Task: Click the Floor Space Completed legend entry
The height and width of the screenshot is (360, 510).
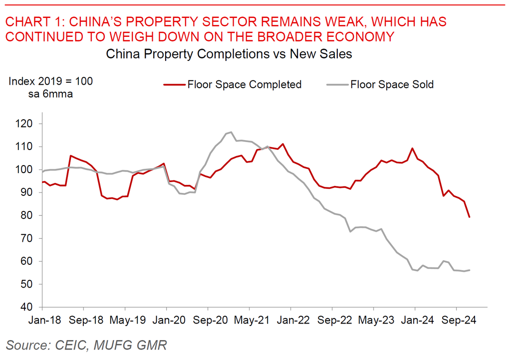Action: [x=244, y=84]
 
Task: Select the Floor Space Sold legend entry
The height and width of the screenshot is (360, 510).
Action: [x=392, y=84]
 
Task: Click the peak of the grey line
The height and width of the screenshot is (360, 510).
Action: [x=231, y=132]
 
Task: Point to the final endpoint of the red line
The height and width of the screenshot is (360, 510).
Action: [x=470, y=217]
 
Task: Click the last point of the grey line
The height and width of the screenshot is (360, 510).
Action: [x=470, y=270]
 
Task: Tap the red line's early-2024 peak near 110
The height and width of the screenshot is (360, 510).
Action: [x=413, y=148]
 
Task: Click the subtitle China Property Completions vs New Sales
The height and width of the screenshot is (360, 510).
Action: [x=229, y=54]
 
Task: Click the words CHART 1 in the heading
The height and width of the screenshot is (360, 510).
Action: [x=33, y=21]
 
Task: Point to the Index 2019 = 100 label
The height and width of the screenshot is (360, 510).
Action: [x=50, y=81]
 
